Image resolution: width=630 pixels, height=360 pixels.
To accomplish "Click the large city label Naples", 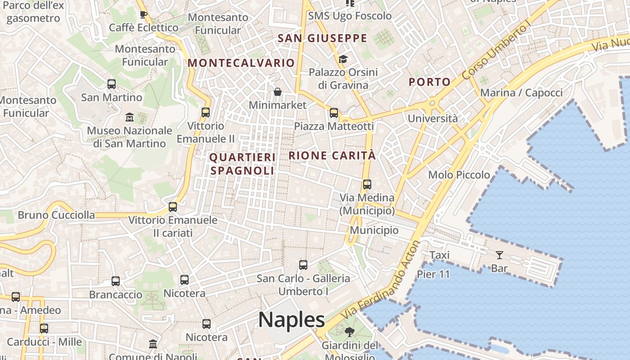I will tap(291, 319).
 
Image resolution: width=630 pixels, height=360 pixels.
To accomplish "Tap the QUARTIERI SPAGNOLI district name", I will tap(242, 164).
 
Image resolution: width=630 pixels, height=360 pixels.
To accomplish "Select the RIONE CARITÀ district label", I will tap(332, 156).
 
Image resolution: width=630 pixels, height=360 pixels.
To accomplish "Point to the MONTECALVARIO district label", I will tap(241, 63).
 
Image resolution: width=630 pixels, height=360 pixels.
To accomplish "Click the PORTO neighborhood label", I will tap(429, 82).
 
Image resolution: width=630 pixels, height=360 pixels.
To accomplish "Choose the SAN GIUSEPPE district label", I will tap(323, 38).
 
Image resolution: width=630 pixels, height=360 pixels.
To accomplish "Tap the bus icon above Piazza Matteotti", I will tap(333, 112).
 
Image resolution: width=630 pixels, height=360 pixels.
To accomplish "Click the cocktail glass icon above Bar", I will tap(499, 255).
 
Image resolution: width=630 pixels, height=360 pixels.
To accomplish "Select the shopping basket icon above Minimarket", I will tap(278, 92).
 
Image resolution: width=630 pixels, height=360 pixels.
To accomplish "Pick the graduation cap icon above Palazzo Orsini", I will tap(343, 59).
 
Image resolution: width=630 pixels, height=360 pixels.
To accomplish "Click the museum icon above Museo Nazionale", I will tap(130, 117).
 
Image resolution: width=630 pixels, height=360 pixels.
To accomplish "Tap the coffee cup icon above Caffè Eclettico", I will tap(144, 14).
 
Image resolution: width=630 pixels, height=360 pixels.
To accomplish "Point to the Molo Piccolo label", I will tap(459, 175).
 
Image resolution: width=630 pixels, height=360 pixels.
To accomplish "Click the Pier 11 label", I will tap(433, 274).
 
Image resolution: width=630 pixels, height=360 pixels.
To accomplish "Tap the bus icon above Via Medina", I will tap(367, 184).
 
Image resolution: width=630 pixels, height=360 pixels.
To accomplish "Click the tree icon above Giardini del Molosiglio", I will tap(349, 332).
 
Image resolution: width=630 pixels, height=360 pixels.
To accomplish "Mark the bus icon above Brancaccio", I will tap(116, 281).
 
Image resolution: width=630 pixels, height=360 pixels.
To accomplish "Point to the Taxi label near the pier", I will tap(439, 255).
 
